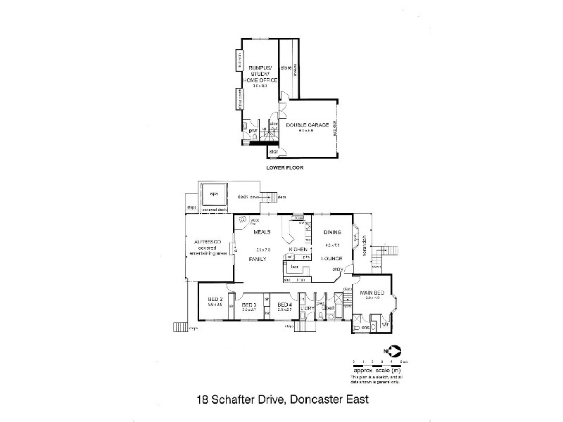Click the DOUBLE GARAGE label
click(308, 124)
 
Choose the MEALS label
click(262, 231)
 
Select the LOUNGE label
click(331, 258)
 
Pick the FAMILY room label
click(260, 259)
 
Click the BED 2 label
click(215, 299)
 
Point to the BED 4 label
click(284, 304)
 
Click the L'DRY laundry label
click(306, 308)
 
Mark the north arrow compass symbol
click(393, 350)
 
